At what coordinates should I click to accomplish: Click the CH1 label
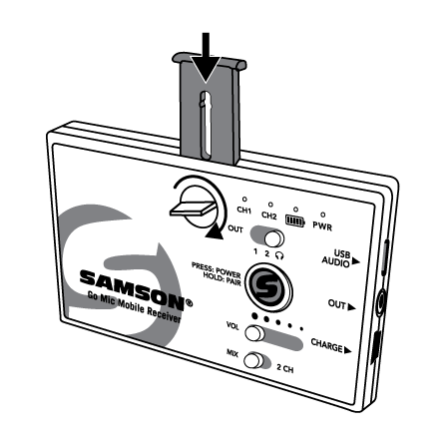(x=243, y=211)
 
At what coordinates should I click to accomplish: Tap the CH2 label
(x=268, y=216)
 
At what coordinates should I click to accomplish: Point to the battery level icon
(x=295, y=220)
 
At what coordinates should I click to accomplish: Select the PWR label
(x=322, y=226)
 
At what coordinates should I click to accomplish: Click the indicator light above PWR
(x=322, y=215)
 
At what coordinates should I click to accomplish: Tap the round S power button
(x=268, y=287)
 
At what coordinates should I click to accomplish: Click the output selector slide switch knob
(x=273, y=238)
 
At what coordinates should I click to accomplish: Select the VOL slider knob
(x=254, y=333)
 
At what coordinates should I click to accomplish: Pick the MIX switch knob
(x=252, y=361)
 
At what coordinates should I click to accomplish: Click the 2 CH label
(x=285, y=368)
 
